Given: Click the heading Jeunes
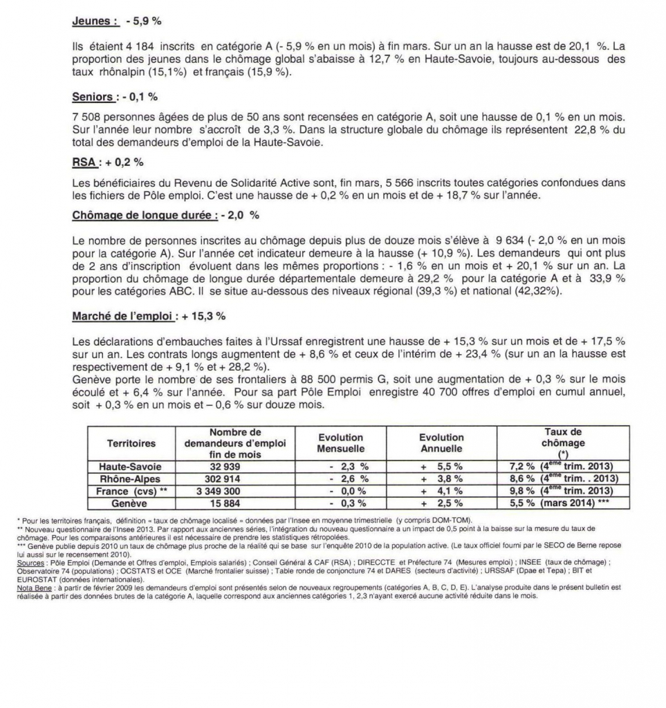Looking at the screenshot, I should tap(94, 21).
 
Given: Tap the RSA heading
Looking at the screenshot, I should tap(84, 163).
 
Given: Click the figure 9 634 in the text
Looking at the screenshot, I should tap(511, 241).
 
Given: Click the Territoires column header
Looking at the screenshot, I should tap(131, 443).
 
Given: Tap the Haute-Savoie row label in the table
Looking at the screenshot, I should tap(131, 466).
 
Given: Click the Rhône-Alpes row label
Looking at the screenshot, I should tap(131, 478).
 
